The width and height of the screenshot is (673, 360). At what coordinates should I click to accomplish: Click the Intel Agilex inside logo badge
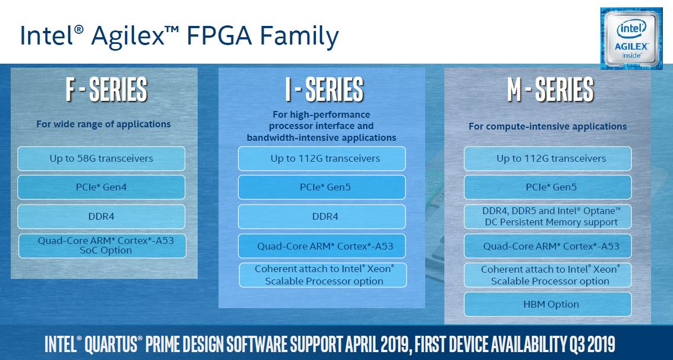pyautogui.click(x=631, y=38)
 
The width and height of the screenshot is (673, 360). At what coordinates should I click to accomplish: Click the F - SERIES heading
pyautogui.click(x=106, y=90)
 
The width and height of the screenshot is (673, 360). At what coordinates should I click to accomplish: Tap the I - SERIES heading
pyautogui.click(x=324, y=90)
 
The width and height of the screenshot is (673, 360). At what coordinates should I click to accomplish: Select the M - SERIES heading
pyautogui.click(x=550, y=90)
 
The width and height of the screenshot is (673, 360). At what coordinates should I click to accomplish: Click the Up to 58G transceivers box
pyautogui.click(x=101, y=158)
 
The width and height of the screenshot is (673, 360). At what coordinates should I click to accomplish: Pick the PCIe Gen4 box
pyautogui.click(x=101, y=187)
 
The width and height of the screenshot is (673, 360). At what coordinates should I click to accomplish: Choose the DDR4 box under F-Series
pyautogui.click(x=101, y=216)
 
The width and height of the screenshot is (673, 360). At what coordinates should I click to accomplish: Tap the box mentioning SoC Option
pyautogui.click(x=102, y=246)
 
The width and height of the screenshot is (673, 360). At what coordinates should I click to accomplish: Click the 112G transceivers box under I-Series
pyautogui.click(x=322, y=158)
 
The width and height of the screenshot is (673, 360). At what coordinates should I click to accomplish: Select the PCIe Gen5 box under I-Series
pyautogui.click(x=322, y=187)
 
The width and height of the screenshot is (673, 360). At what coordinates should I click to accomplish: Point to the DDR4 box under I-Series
pyautogui.click(x=322, y=216)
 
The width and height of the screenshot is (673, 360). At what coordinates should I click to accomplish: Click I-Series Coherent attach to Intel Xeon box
pyautogui.click(x=323, y=275)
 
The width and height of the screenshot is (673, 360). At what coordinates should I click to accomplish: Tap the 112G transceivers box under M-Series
pyautogui.click(x=547, y=158)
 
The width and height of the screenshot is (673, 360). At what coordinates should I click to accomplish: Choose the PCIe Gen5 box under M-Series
pyautogui.click(x=547, y=187)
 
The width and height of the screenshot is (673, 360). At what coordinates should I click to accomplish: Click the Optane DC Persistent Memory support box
pyautogui.click(x=547, y=216)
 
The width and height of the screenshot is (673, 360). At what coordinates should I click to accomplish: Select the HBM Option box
pyautogui.click(x=547, y=304)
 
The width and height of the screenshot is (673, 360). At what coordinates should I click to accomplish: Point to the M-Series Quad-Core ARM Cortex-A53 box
pyautogui.click(x=547, y=246)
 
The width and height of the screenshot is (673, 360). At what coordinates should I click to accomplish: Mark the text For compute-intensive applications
pyautogui.click(x=547, y=127)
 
